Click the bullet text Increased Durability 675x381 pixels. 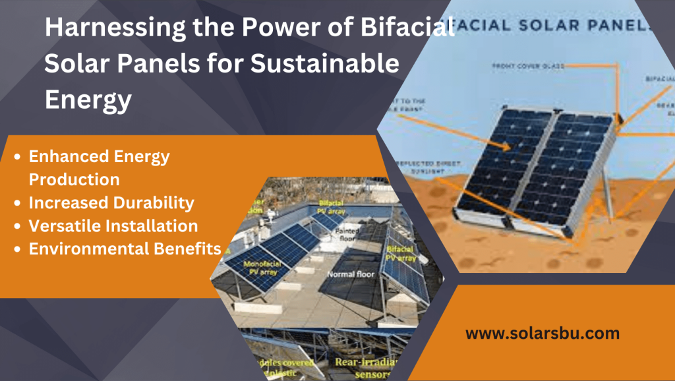[111, 202]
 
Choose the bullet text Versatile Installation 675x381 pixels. [113, 225]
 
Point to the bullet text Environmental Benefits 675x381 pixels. [125, 249]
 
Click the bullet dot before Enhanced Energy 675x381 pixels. [18, 157]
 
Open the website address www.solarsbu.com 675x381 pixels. [543, 333]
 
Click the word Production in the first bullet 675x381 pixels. [74, 179]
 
